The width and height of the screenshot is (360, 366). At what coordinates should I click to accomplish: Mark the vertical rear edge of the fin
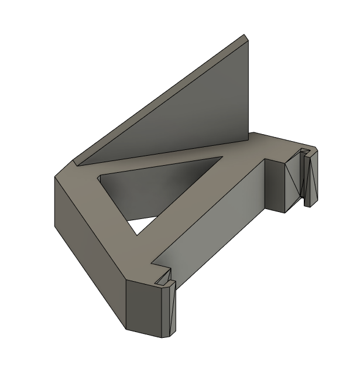(x=251, y=88)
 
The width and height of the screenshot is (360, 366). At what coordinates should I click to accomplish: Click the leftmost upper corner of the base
(x=56, y=177)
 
